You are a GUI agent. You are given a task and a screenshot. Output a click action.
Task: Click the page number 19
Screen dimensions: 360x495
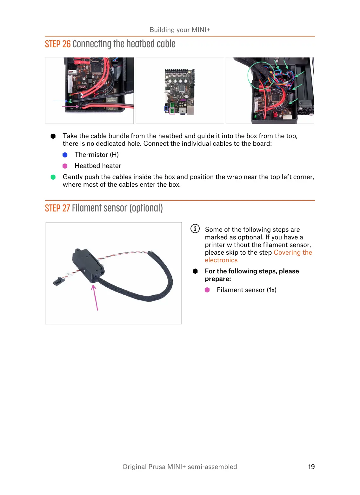[311, 466]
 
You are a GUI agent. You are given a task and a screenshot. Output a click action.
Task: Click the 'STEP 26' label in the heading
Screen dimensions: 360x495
[58, 44]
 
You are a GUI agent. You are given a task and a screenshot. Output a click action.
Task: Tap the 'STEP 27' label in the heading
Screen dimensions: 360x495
[57, 208]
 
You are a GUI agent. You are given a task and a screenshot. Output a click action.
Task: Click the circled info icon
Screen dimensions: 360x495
[195, 229]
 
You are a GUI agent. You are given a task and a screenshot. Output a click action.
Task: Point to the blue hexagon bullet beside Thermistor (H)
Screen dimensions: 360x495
[65, 155]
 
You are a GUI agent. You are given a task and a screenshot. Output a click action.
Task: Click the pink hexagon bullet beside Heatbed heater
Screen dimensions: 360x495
[65, 166]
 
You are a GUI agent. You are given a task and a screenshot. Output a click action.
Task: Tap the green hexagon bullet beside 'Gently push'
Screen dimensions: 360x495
[53, 177]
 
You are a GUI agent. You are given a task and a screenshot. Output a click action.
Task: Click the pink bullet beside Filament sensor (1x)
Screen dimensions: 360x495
[207, 290]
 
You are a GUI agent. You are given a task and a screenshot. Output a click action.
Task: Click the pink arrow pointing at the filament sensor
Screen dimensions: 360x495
[95, 297]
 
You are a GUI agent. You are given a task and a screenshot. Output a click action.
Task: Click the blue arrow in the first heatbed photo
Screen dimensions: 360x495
[60, 101]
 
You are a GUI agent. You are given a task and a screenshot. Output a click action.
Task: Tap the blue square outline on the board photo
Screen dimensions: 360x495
[166, 109]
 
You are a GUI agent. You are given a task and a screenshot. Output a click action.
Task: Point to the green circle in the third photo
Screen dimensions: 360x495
[261, 75]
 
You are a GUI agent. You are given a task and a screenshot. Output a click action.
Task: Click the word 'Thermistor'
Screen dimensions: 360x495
[91, 155]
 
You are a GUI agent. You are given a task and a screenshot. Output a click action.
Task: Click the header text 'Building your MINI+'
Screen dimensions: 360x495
[180, 30]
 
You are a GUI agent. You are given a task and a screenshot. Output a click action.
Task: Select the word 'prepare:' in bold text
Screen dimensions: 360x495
[218, 279]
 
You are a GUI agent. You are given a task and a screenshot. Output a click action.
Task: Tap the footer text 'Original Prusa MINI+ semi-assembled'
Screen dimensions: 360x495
[180, 466]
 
